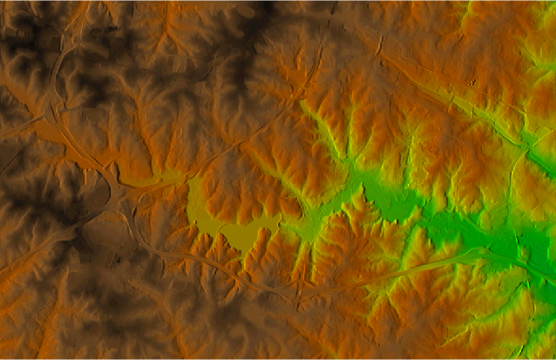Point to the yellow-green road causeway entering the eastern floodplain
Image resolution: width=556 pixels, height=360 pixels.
tap(436, 262)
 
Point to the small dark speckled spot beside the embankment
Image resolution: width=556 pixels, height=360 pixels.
tap(471, 84)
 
